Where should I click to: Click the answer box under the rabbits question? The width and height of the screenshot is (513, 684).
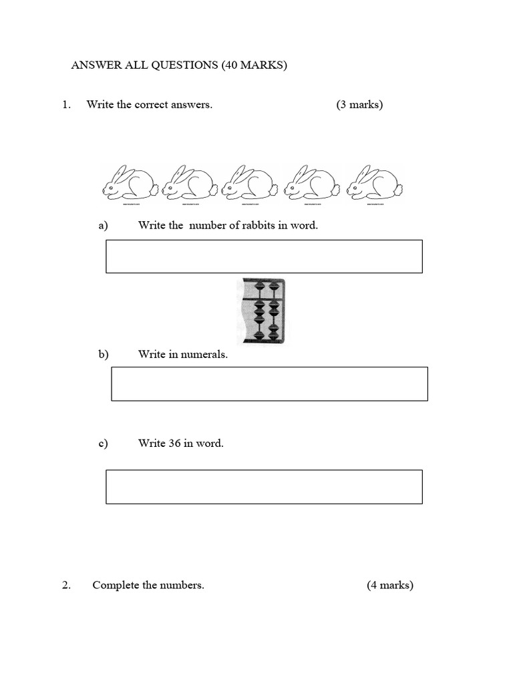[264, 256]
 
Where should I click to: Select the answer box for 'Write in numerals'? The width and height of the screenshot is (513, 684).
[269, 384]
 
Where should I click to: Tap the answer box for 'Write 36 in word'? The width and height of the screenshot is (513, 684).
[264, 487]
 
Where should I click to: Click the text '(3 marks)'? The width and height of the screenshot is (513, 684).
[359, 105]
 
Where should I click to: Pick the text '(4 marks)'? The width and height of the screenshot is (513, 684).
[390, 585]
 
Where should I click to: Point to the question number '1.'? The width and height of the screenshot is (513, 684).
[66, 105]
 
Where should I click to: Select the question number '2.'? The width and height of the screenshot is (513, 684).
[66, 585]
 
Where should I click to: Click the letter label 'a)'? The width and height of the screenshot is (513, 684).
[103, 226]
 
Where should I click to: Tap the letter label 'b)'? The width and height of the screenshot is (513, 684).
[103, 355]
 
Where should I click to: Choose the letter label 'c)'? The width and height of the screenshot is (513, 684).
[103, 444]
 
